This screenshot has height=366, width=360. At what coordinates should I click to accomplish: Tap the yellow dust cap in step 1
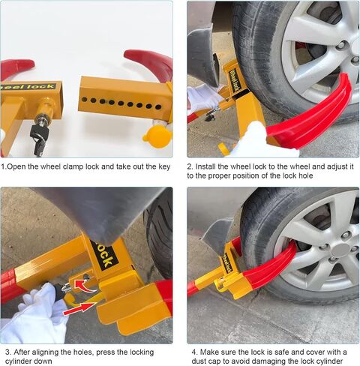pyautogui.click(x=157, y=136)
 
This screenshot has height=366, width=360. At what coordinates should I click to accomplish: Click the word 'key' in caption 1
pyautogui.click(x=164, y=166)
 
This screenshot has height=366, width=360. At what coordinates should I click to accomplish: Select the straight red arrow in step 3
pyautogui.click(x=79, y=308)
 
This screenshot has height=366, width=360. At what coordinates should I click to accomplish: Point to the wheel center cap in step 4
pyautogui.click(x=341, y=250)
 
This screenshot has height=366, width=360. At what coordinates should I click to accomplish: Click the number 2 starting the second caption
pyautogui.click(x=190, y=166)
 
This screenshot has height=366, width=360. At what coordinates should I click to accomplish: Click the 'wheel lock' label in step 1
pyautogui.click(x=27, y=87)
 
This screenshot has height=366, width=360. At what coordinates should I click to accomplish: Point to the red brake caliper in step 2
pyautogui.click(x=302, y=48)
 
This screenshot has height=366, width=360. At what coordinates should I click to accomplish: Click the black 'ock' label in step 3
pyautogui.click(x=104, y=256)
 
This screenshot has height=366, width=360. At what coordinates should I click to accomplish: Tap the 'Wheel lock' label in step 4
pyautogui.click(x=227, y=262)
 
